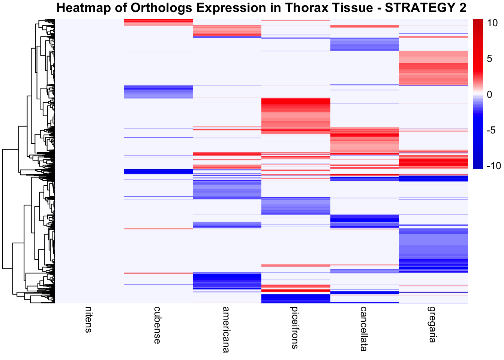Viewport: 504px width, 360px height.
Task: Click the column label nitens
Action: pyautogui.click(x=88, y=319)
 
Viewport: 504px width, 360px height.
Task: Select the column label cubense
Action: pyautogui.click(x=157, y=325)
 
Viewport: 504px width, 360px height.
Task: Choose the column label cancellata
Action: pyautogui.click(x=363, y=328)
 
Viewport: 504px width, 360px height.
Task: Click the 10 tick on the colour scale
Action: pyautogui.click(x=492, y=23)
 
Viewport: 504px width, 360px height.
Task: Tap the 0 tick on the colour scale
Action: pyautogui.click(x=489, y=94)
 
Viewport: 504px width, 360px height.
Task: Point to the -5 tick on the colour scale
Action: pyautogui.click(x=490, y=130)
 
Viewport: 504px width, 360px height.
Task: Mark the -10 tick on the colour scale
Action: pyautogui.click(x=493, y=166)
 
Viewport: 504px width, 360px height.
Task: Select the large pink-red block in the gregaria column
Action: pyautogui.click(x=433, y=67)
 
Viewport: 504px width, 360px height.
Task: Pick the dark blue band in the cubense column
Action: pyautogui.click(x=158, y=171)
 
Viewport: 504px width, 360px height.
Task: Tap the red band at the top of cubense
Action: pyautogui.click(x=158, y=22)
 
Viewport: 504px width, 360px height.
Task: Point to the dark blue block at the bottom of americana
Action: pyautogui.click(x=226, y=279)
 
